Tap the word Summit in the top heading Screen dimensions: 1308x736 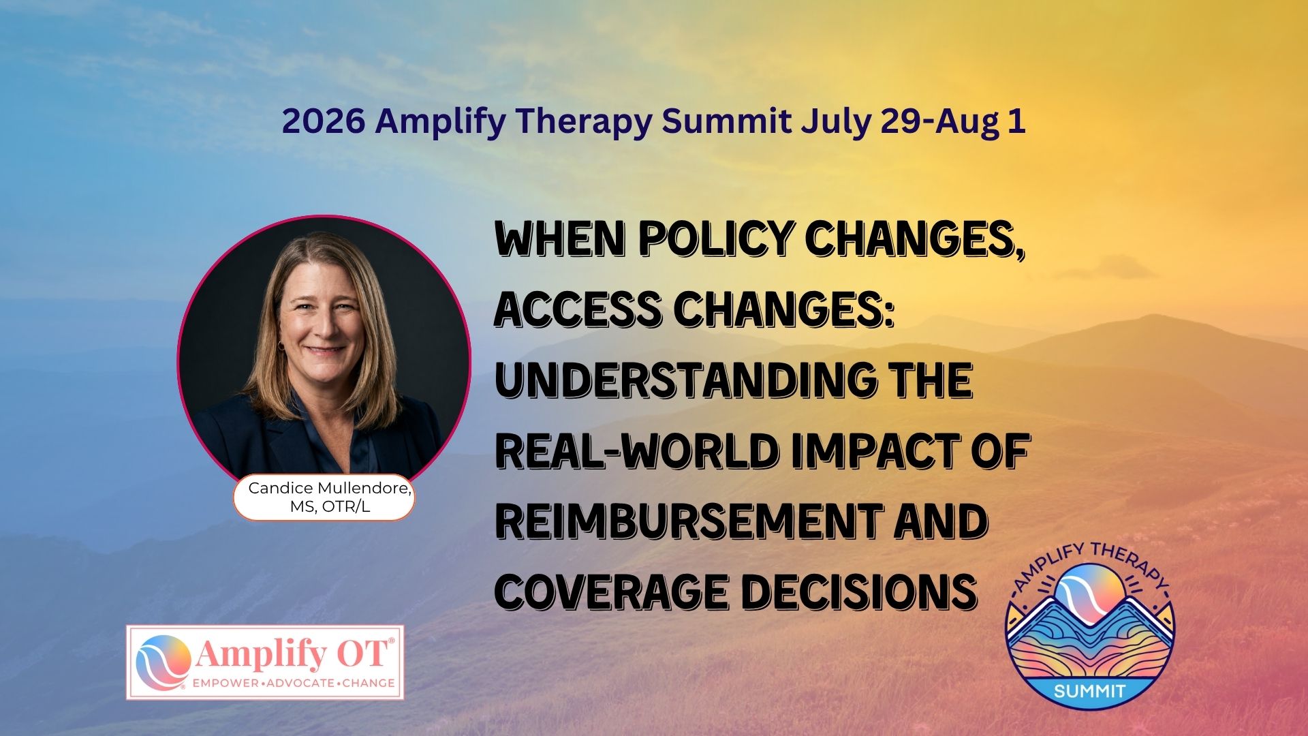point(727,121)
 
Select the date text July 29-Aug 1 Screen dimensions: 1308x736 point(913,122)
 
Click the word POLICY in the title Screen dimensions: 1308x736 point(715,239)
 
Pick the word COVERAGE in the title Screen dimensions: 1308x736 point(611,592)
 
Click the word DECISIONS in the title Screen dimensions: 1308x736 point(859,592)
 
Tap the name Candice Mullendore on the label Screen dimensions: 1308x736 point(330,488)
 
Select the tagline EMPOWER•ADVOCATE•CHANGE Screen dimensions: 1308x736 point(294,683)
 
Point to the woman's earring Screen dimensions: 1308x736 point(281,346)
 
